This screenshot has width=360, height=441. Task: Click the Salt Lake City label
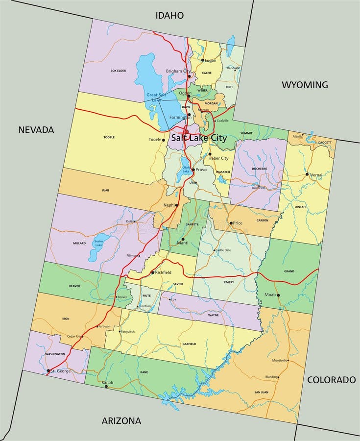(x=199, y=138)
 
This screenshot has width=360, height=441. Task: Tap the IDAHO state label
(x=169, y=16)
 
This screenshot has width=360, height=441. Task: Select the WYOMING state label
(x=305, y=85)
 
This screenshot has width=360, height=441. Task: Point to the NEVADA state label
(x=36, y=130)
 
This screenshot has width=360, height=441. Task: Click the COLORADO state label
(x=331, y=380)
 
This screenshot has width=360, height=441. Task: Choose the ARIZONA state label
(x=121, y=420)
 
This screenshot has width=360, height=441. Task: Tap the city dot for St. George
(x=48, y=370)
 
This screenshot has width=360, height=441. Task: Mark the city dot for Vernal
(x=307, y=174)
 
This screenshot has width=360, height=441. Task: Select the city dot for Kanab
(x=106, y=386)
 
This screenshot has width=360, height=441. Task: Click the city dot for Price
(x=231, y=223)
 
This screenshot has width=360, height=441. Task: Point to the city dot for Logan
(x=202, y=60)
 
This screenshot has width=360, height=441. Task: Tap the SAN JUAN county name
(x=261, y=392)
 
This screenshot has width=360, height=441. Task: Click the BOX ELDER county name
(x=118, y=71)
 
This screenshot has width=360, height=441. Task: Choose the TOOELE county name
(x=109, y=137)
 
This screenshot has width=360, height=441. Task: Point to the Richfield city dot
(x=152, y=272)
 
